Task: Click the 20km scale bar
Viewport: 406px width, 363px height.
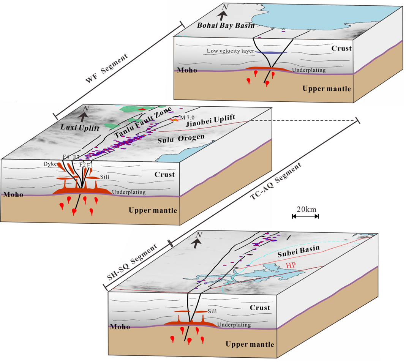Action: pos(305,216)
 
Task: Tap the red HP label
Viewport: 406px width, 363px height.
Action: pos(290,265)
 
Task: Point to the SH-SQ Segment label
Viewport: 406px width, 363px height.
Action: pos(133,262)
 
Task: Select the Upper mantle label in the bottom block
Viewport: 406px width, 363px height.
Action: pos(250,344)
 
